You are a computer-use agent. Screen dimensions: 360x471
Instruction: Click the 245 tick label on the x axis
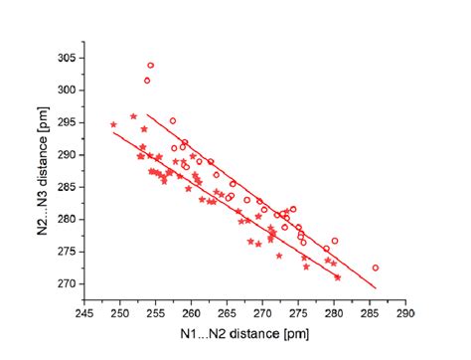click(x=85, y=310)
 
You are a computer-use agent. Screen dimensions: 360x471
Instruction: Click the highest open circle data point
click(x=150, y=66)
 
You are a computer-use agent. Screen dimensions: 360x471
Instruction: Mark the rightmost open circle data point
click(x=376, y=268)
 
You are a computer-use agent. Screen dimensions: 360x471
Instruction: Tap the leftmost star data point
click(x=113, y=125)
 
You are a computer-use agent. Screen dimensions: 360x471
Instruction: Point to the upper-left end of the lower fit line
click(x=113, y=133)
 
